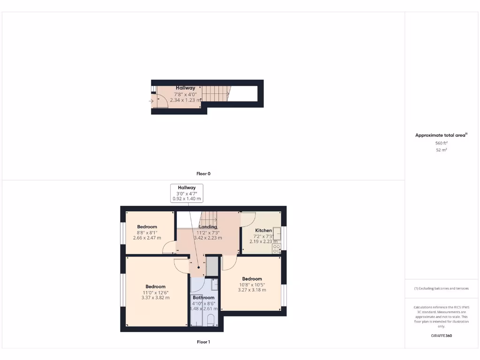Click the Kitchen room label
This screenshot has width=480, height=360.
coord(263,230)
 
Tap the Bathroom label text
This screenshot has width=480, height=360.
coord(204,298)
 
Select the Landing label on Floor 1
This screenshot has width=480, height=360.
coord(208,227)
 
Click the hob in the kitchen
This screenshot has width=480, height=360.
coord(277,249)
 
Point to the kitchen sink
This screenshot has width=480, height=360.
coord(277,233)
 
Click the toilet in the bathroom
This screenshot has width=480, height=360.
coord(210,320)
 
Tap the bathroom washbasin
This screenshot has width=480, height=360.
coord(214,284)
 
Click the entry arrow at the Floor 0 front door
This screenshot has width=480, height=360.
coord(151,100)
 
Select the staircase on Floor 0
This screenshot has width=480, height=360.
coord(217,93)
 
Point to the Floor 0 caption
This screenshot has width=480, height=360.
coord(203,174)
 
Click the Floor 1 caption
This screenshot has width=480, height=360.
coord(203,342)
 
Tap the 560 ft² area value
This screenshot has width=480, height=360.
coord(442,143)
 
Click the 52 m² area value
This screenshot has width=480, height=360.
coord(442,150)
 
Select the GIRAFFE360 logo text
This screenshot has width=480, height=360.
coord(442,336)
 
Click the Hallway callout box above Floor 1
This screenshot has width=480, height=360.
coord(187,193)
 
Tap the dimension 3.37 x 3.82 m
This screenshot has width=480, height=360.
coord(155,298)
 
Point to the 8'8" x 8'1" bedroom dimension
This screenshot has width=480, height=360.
coord(147,232)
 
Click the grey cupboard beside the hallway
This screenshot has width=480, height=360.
coord(212,266)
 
